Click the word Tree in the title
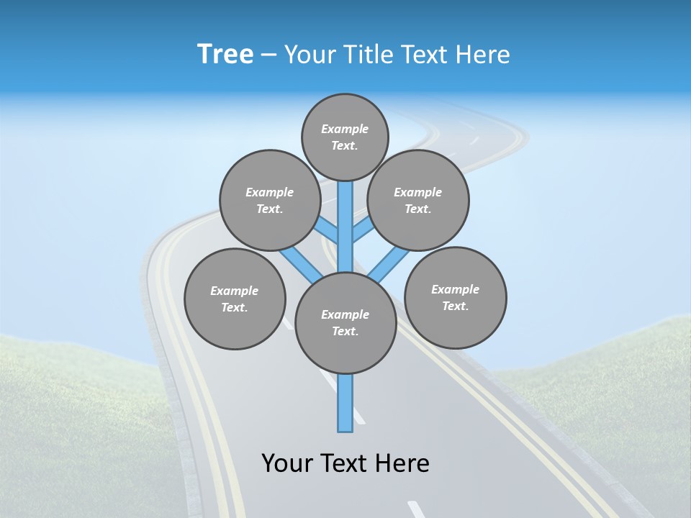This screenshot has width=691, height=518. tap(225, 55)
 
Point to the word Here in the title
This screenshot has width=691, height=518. tap(484, 55)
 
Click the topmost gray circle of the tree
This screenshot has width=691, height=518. tap(345, 137)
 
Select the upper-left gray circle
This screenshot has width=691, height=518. tap(270, 200)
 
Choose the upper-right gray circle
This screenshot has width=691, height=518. tap(418, 200)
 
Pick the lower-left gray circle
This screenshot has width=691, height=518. tap(235, 299)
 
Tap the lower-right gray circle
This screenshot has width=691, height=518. tap(456, 297)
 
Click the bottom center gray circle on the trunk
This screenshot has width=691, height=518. tap(345, 323)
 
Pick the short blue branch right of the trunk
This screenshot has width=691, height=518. tap(362, 230)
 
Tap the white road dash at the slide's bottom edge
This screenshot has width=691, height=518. tap(416, 509)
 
